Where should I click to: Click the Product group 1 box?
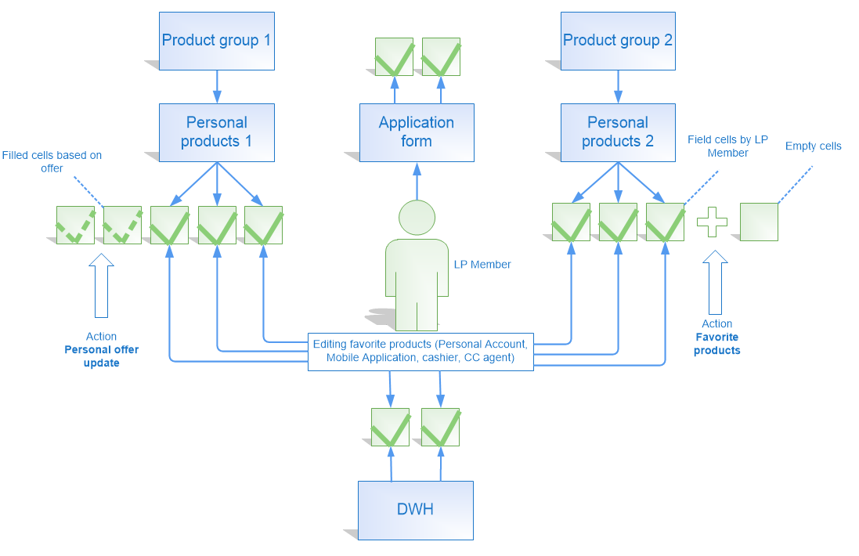pos(216,40)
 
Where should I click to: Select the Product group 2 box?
pos(618,40)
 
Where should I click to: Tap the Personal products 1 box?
pos(216,132)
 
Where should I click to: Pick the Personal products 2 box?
pos(618,132)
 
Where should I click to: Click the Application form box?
pos(417,132)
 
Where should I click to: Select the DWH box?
pos(415,510)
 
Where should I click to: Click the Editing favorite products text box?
pos(421,351)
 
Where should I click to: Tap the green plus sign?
pos(712,222)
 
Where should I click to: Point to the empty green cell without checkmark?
pos(759,222)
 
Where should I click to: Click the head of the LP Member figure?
pos(417,218)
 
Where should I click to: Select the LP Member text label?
pos(482,265)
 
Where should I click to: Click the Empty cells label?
pos(813,146)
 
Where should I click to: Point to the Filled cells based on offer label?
pos(52,162)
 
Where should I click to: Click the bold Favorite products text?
pos(716,344)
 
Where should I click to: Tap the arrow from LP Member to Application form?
pos(417,180)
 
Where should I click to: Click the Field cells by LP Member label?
pos(727,146)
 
